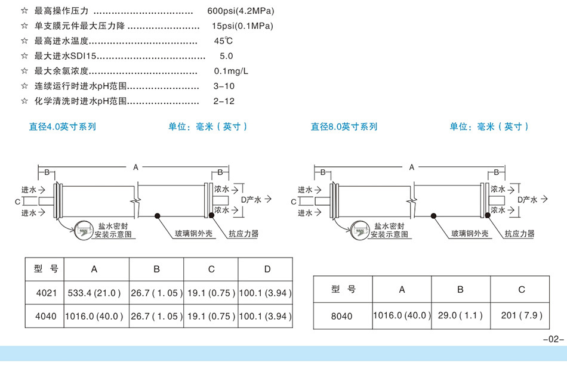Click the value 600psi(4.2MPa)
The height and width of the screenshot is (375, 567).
[241, 11]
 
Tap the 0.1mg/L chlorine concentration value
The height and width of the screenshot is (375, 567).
[231, 71]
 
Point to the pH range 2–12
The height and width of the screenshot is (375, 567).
[224, 101]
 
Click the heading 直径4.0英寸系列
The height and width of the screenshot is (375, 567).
[62, 126]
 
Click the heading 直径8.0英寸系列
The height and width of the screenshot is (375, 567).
[344, 126]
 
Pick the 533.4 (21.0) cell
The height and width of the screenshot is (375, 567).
[95, 293]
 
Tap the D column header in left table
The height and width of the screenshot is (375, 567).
[267, 269]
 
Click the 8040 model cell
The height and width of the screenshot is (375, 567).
[343, 316]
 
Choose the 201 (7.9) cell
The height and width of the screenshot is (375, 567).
[522, 315]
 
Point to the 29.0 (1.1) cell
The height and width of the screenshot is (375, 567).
[460, 315]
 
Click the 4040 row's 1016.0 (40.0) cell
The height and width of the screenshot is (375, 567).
[95, 317]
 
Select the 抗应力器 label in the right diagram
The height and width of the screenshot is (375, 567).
[519, 234]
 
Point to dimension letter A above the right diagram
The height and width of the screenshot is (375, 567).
[412, 168]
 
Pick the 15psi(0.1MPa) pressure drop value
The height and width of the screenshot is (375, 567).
[242, 26]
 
